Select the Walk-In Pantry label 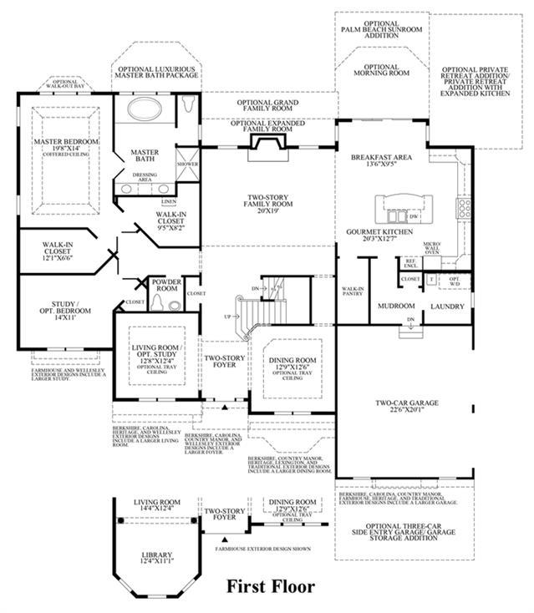352,291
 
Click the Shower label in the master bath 187,165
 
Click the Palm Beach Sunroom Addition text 383,31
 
